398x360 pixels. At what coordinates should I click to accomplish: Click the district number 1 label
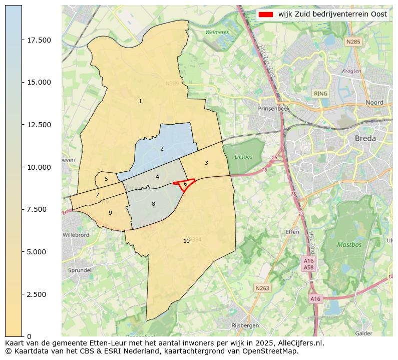[x=140, y=102]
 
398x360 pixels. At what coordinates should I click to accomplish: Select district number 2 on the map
[x=162, y=149]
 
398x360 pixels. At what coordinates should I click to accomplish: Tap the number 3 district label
[x=206, y=163]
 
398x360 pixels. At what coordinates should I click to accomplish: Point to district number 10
[x=186, y=241]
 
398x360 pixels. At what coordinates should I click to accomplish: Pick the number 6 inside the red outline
[x=185, y=184]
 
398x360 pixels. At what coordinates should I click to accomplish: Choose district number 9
[x=110, y=213]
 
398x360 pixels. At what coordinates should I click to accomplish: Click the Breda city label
[x=365, y=138]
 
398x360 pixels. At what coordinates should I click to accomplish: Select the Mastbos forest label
[x=349, y=245]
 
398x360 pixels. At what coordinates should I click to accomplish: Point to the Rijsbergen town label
[x=245, y=325]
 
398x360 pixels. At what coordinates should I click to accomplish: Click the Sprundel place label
[x=80, y=270]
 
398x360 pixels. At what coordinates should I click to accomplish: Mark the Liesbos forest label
[x=244, y=157]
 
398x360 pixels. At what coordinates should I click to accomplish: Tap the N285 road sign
[x=353, y=42]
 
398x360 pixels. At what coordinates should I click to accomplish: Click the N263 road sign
[x=262, y=288]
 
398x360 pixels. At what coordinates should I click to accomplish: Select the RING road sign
[x=320, y=94]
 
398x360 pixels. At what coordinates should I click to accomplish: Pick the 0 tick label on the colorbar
[x=29, y=336]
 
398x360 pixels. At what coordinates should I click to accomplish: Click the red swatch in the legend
[x=266, y=15]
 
